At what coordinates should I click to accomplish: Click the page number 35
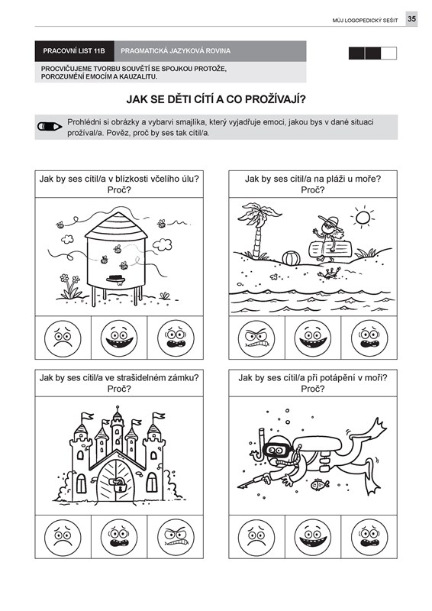coord(411,18)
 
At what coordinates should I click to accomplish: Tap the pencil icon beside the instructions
coord(50,127)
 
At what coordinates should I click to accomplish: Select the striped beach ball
coord(291,258)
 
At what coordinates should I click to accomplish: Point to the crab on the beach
coord(327,273)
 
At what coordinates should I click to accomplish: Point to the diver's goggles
coord(277,451)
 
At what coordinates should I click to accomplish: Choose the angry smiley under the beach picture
coord(256,338)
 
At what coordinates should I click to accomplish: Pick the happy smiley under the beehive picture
coord(119,338)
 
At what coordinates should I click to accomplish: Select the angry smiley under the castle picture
coord(176,538)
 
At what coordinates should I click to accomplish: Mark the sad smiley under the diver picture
coord(256,538)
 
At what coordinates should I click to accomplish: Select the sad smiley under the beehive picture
coord(63,338)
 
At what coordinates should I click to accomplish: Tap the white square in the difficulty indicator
coord(388,53)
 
